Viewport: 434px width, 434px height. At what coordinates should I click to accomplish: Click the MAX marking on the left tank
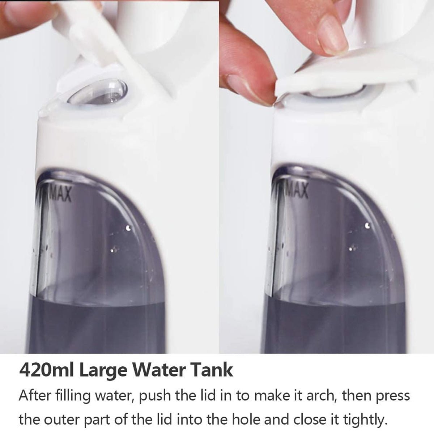(x=60, y=193)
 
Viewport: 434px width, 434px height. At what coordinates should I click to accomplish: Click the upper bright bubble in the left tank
(x=128, y=228)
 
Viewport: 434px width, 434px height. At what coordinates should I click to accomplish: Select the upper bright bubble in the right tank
(x=367, y=225)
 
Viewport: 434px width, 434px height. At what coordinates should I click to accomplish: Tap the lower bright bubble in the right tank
(x=351, y=249)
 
